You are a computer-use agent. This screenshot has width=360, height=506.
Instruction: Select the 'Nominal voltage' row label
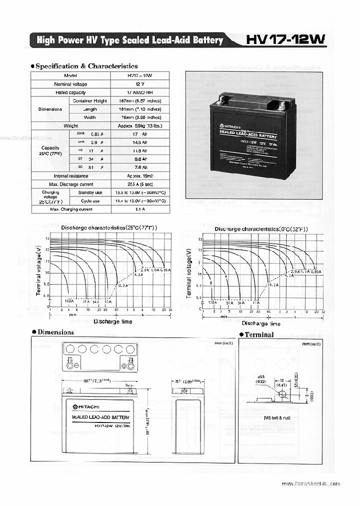click(70, 84)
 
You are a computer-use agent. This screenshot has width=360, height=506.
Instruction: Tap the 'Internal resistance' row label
click(70, 176)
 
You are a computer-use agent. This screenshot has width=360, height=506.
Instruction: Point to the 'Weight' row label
click(70, 126)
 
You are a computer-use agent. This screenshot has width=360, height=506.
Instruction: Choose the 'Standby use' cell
click(90, 192)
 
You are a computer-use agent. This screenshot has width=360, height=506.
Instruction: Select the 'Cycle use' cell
click(90, 201)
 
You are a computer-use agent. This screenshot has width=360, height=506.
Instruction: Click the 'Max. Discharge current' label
click(70, 184)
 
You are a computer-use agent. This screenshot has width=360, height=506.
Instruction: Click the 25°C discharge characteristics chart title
click(109, 227)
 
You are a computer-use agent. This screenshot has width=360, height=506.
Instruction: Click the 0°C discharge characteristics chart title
click(261, 228)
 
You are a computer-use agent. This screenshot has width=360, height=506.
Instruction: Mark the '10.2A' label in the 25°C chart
click(123, 285)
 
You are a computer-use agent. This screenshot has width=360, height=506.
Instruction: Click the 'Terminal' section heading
click(258, 334)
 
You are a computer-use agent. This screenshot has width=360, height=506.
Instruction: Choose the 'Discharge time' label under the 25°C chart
click(113, 321)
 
